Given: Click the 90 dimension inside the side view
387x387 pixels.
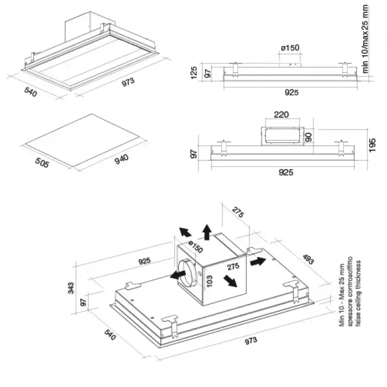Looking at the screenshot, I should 310,135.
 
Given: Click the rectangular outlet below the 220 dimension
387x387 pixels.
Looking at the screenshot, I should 280,135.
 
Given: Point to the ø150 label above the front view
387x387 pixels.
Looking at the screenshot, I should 290,48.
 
